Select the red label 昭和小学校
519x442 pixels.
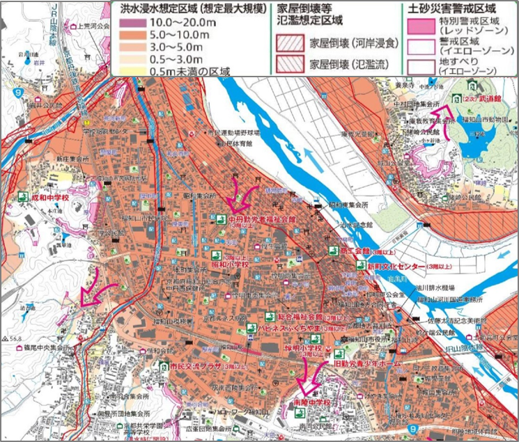pyautogui.click(x=230, y=265)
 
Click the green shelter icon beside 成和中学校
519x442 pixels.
pyautogui.click(x=22, y=197)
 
